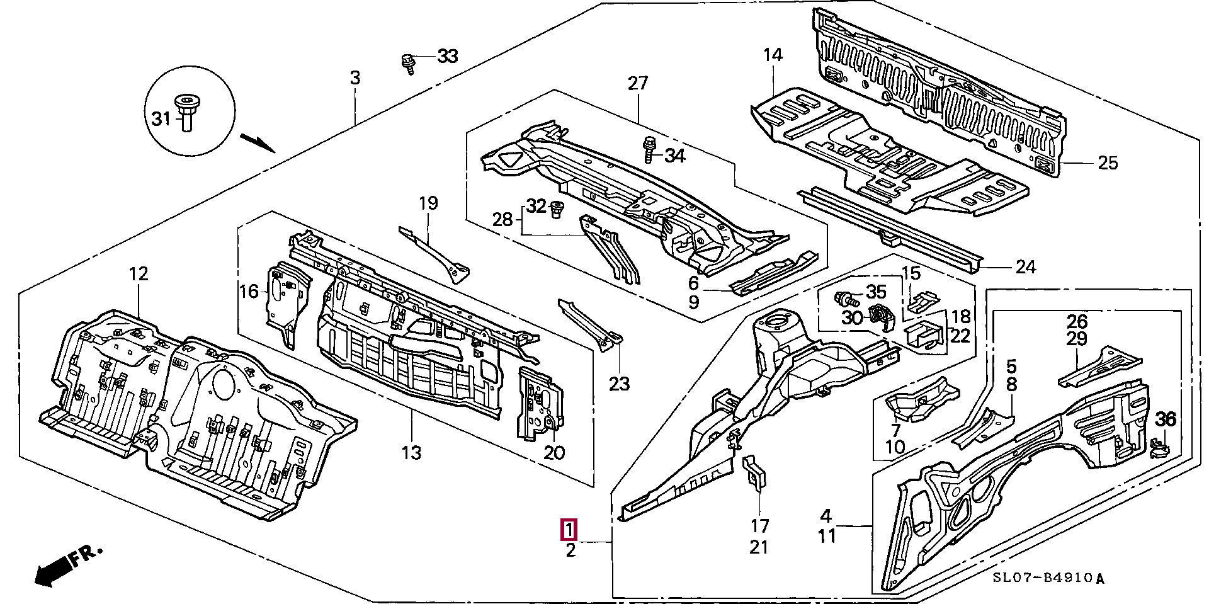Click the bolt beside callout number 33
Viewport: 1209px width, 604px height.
tap(407, 63)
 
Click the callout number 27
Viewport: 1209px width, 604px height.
tap(637, 83)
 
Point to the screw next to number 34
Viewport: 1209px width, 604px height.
tap(649, 150)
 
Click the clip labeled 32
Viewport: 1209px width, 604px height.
tap(556, 209)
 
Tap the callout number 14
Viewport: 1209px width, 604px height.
tap(773, 55)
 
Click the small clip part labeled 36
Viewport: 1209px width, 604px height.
tap(1159, 448)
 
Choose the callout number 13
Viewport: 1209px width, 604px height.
tap(411, 452)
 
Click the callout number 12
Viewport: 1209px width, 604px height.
tap(139, 274)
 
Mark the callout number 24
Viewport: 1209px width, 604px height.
tap(1025, 267)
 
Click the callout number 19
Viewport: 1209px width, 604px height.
tap(428, 203)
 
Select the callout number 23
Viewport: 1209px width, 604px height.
tap(619, 384)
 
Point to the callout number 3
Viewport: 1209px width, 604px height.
tap(355, 78)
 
